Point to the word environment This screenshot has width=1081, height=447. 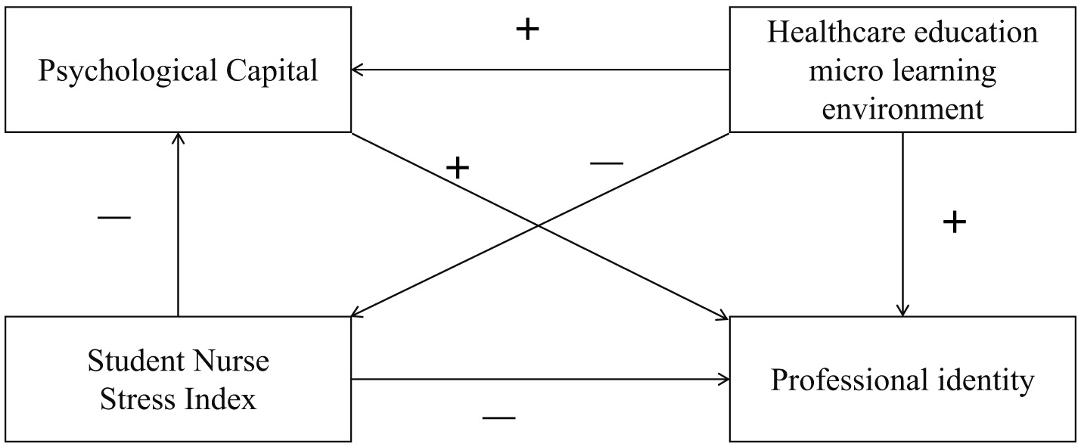click(902, 109)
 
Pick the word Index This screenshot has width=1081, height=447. click(225, 399)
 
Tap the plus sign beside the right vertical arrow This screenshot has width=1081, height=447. click(955, 222)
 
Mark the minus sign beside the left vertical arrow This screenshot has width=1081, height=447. click(114, 218)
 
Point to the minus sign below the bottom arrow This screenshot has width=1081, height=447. click(499, 418)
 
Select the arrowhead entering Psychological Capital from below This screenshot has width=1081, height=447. click(178, 136)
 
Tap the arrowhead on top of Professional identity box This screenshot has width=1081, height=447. click(902, 311)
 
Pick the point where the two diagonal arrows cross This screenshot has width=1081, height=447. click(538, 225)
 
